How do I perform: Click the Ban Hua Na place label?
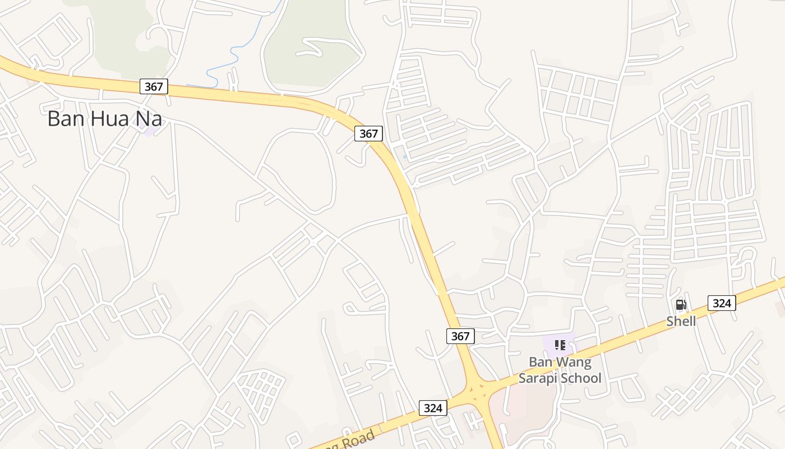click(105, 118)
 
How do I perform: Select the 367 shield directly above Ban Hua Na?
click(153, 86)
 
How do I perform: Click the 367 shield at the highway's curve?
click(368, 134)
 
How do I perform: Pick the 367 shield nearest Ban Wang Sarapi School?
click(460, 336)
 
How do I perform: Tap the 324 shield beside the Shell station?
click(722, 303)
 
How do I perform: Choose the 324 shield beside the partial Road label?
click(433, 408)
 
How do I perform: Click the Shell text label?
click(681, 322)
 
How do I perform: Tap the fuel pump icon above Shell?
click(681, 305)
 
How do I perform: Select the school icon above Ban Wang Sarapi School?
click(560, 345)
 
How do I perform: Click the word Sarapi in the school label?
click(543, 378)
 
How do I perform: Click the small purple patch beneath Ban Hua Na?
click(149, 131)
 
